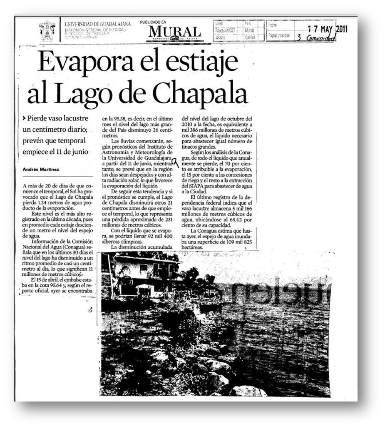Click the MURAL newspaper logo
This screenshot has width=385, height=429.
coord(174,32)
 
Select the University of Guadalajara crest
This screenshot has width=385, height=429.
coord(47,30)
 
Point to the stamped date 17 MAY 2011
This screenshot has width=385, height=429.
coord(327,29)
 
